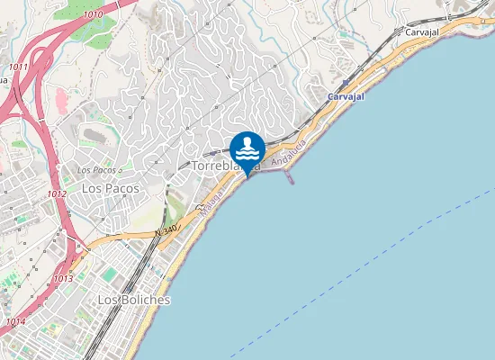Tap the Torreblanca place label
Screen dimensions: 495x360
(225, 166)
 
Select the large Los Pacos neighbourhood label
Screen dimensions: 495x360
(104, 188)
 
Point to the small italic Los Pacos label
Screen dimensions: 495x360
(98, 169)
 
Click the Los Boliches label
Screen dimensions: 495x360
(133, 299)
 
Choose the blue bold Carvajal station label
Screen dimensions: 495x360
(345, 95)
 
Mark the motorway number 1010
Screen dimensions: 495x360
(93, 15)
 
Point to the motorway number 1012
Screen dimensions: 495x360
(58, 194)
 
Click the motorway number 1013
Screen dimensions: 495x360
(62, 279)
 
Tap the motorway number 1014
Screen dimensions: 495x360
(15, 321)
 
